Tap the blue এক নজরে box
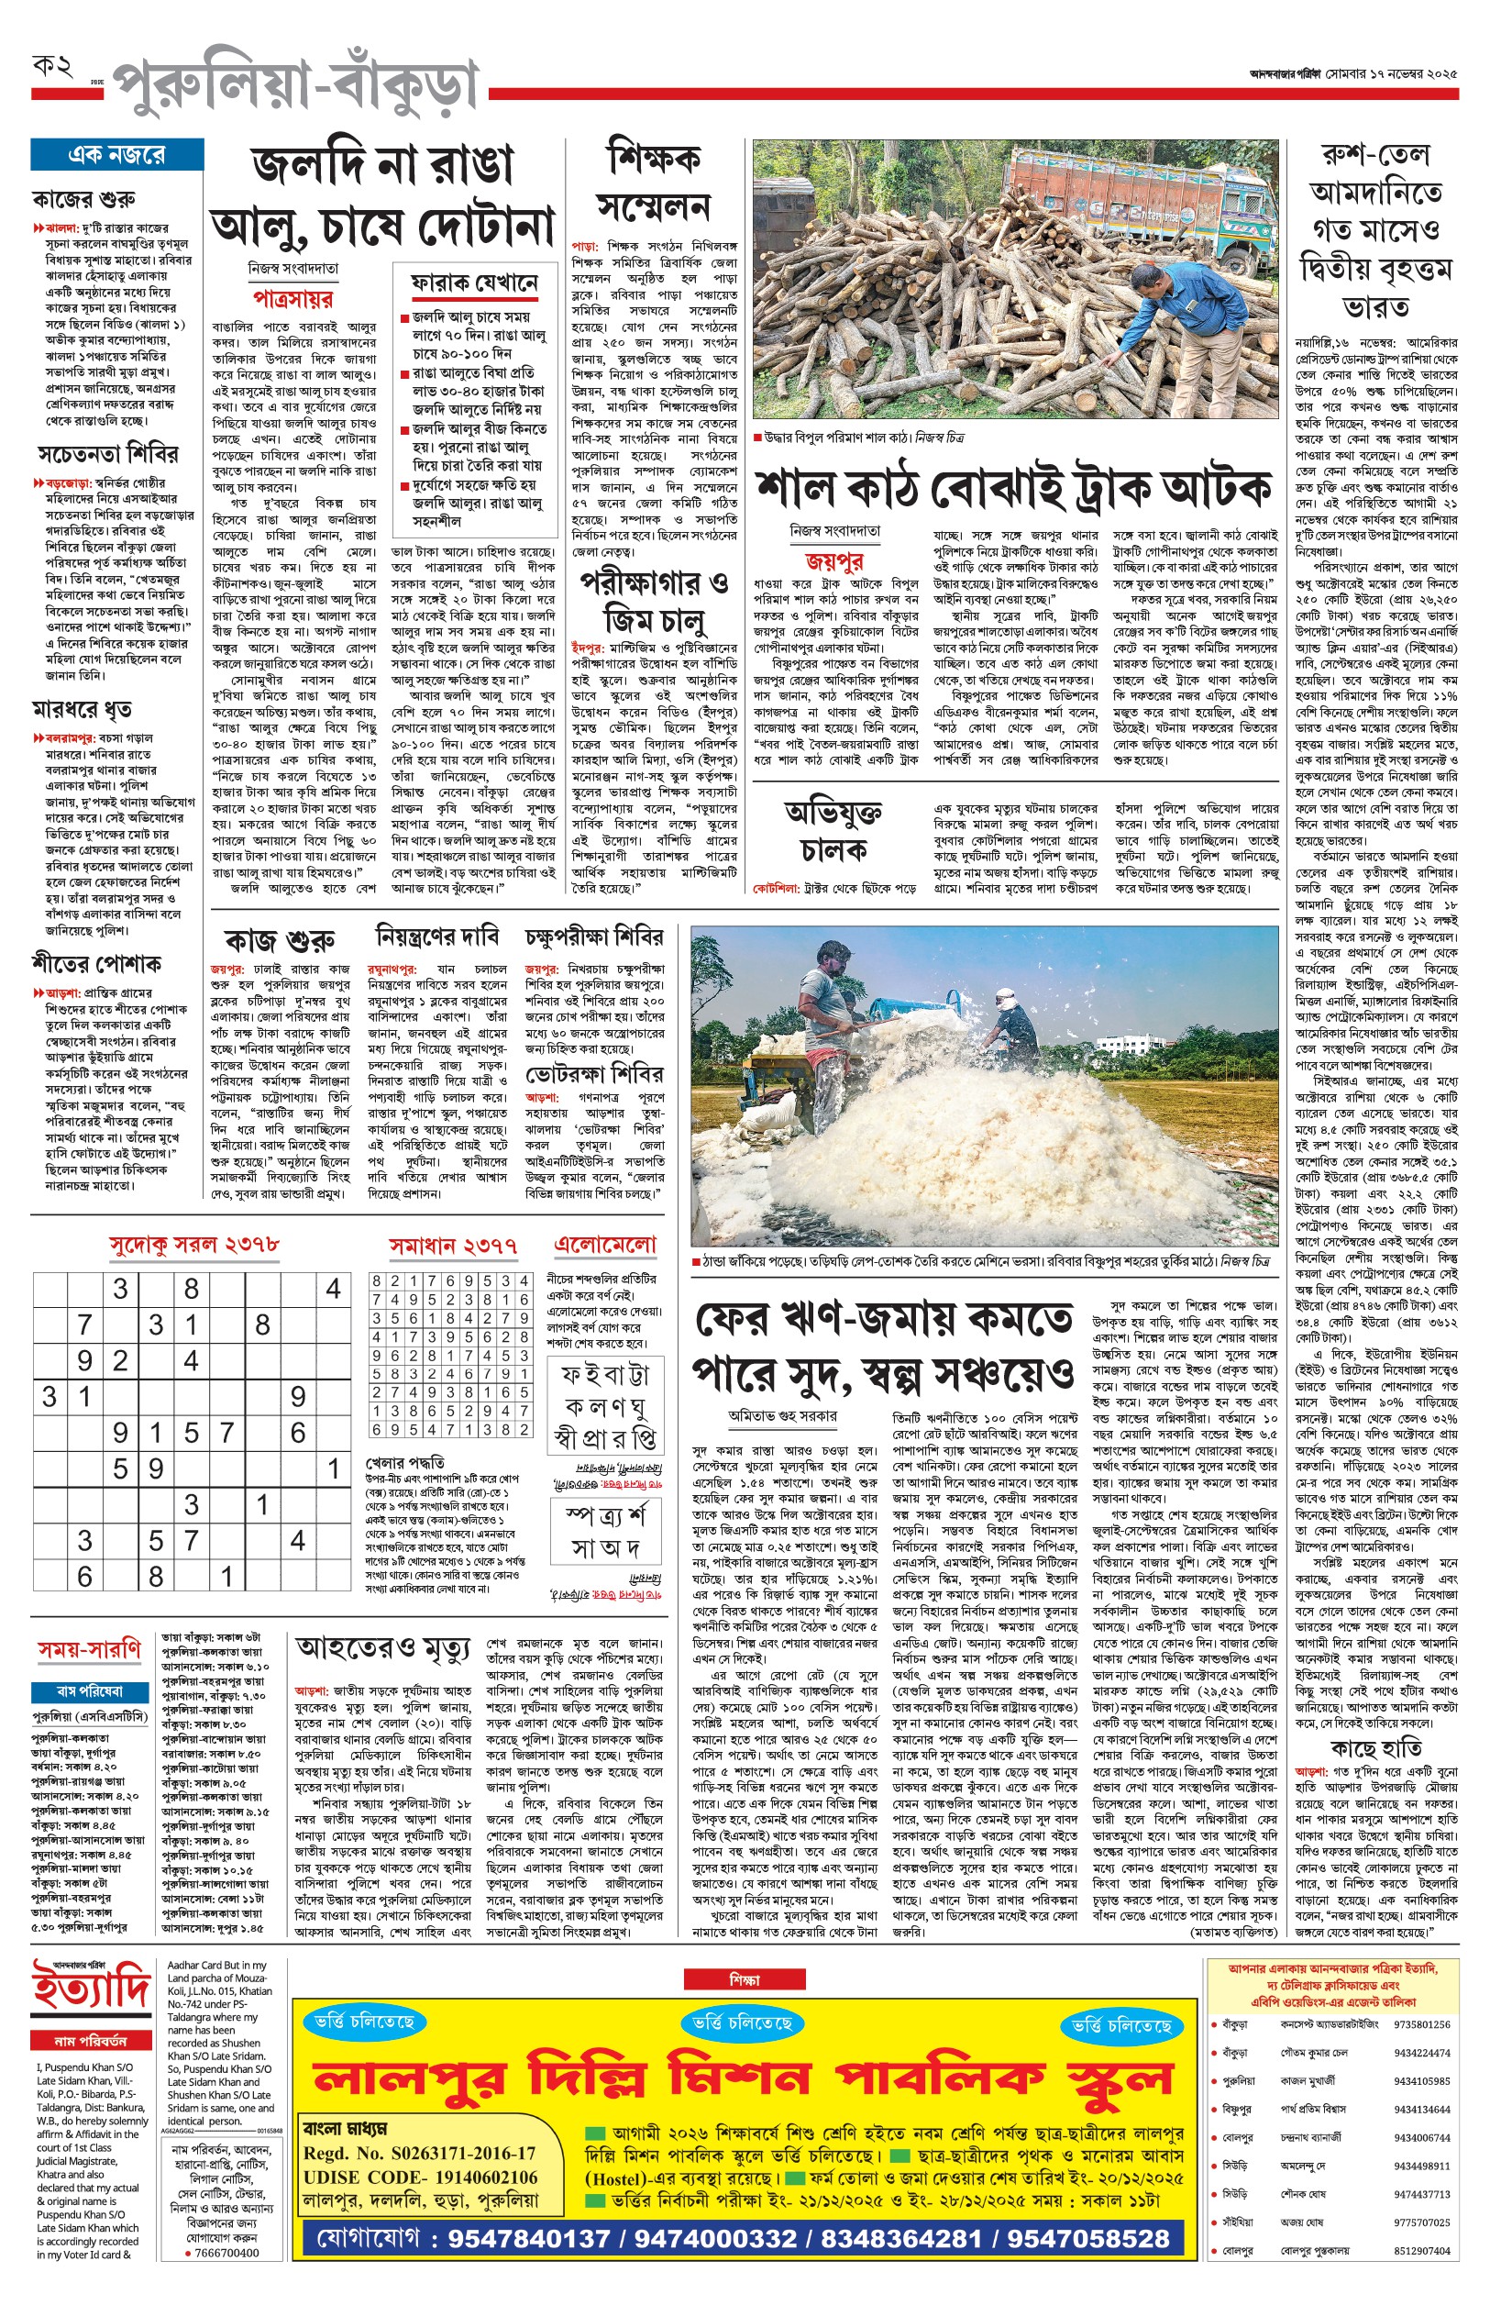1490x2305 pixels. (117, 155)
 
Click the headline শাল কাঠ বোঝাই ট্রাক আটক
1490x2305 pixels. (1012, 489)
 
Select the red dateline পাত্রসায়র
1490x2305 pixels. (293, 298)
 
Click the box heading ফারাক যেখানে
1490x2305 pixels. (474, 283)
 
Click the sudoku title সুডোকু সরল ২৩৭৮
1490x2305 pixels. (194, 1245)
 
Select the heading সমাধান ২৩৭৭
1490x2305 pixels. (453, 1247)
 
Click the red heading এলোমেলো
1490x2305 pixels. (604, 1245)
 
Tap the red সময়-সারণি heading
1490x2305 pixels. (90, 1649)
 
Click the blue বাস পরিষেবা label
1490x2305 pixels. (90, 1691)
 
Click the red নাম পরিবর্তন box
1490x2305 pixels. (91, 2041)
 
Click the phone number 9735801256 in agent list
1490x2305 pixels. (1421, 2024)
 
